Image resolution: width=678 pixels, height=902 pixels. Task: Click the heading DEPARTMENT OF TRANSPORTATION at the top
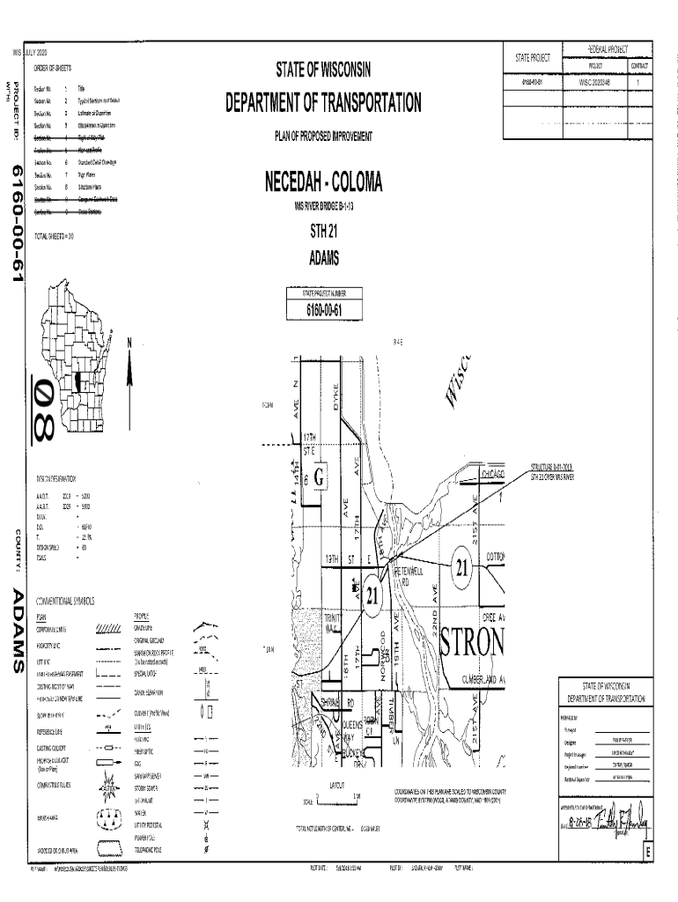tap(323, 104)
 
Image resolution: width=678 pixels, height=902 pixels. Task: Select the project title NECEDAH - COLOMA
tap(323, 183)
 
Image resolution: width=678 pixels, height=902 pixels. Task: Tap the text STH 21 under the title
tap(323, 233)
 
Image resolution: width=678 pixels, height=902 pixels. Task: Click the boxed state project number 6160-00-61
tap(323, 309)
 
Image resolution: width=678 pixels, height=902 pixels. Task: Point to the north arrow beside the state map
tap(129, 366)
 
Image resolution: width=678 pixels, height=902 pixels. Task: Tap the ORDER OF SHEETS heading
tap(53, 68)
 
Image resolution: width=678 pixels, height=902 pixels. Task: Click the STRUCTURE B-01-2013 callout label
tap(551, 467)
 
